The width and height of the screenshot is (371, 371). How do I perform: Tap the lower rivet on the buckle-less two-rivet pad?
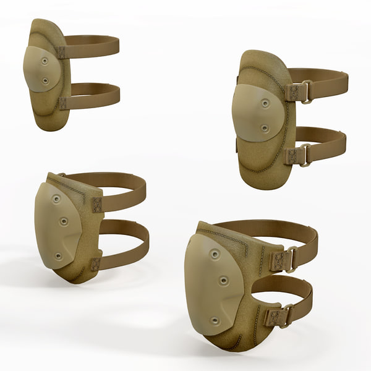click(x=45, y=80)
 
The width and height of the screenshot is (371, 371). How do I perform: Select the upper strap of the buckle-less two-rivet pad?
click(x=93, y=47)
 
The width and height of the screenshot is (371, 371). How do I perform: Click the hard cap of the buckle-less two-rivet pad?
click(x=39, y=69)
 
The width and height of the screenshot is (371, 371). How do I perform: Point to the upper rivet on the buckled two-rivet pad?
click(x=265, y=103)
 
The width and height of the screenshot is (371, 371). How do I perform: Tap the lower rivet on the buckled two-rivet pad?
click(x=265, y=129)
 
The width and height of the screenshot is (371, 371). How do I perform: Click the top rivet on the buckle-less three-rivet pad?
click(x=56, y=199)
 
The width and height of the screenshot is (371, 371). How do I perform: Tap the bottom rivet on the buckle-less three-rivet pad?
click(x=58, y=255)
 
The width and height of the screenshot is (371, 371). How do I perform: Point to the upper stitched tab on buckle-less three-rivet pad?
click(x=96, y=205)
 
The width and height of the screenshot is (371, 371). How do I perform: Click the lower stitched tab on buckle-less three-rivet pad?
click(x=95, y=264)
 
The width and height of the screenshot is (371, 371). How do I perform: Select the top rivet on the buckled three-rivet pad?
click(x=214, y=254)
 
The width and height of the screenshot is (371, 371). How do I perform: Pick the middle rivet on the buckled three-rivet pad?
click(x=224, y=281)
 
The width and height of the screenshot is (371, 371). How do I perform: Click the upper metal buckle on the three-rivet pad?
click(x=289, y=260)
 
